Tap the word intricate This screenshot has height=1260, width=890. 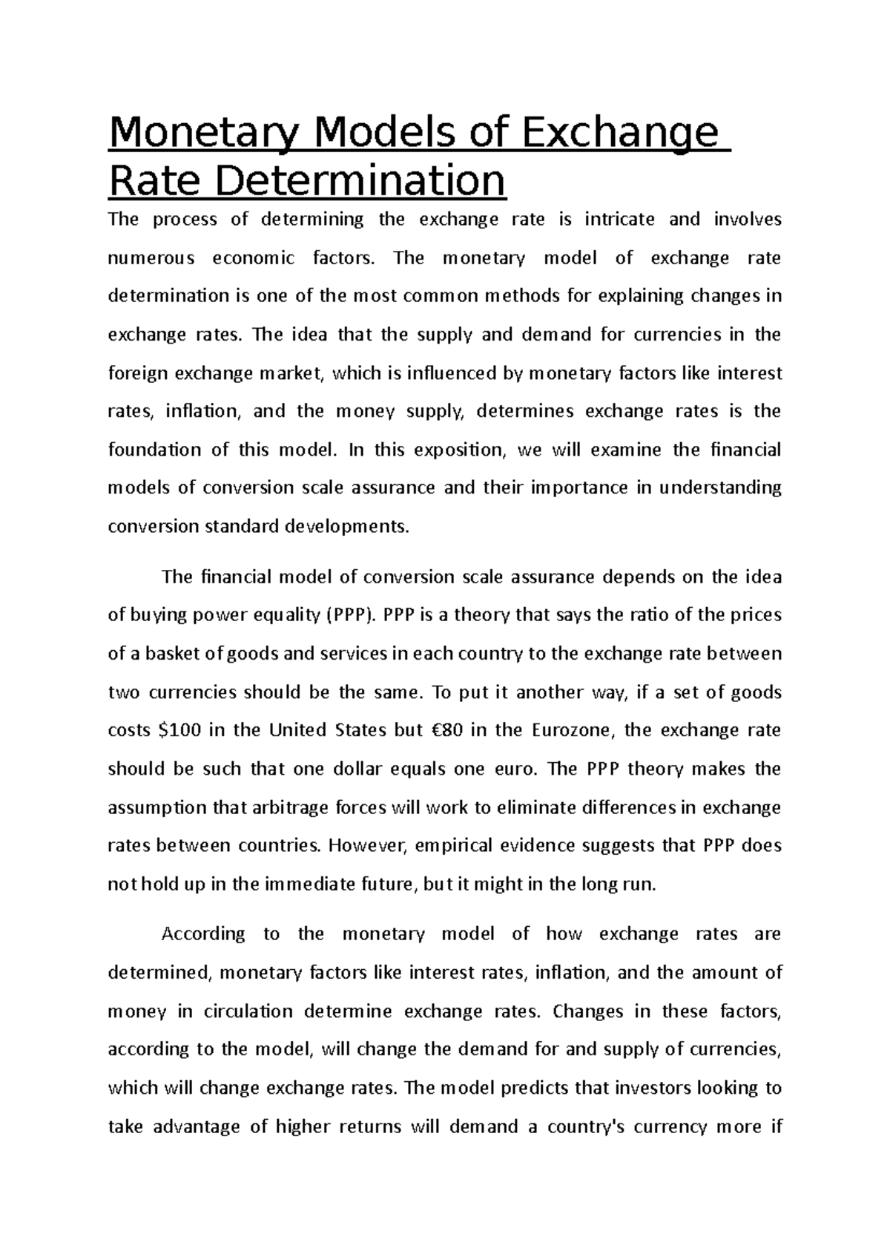[619, 220]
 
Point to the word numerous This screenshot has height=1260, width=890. [151, 258]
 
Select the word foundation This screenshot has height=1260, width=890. [154, 450]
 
